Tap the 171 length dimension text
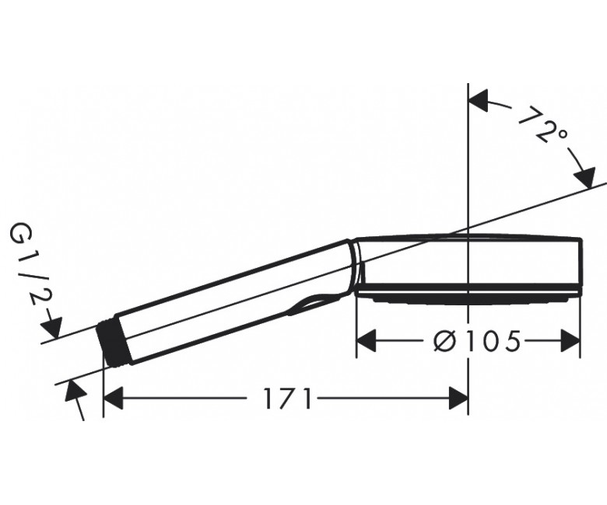287,399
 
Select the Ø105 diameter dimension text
476,341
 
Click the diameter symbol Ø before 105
444,341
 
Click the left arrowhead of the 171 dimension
114,399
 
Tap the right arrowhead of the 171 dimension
458,399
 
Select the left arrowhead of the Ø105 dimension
366,341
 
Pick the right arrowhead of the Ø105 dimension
571,341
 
